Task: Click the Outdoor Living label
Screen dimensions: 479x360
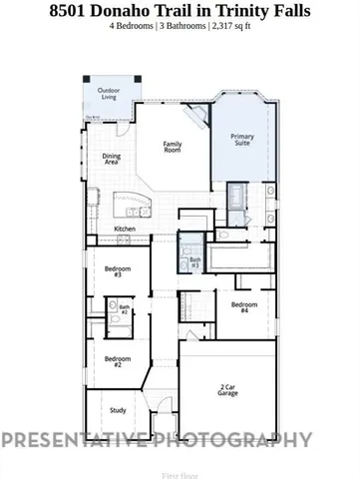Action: click(107, 95)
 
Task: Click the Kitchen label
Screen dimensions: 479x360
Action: click(125, 230)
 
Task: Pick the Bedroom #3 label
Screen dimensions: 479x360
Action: click(118, 270)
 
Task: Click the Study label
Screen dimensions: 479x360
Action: click(117, 410)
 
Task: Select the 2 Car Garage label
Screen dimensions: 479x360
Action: click(234, 389)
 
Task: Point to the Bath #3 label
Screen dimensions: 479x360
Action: click(195, 262)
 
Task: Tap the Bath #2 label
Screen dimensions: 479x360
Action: click(125, 310)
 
